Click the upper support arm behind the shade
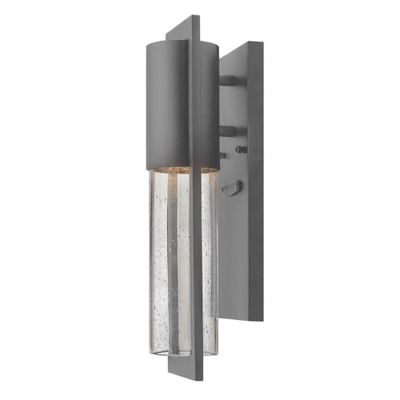point(229,81)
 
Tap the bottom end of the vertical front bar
point(189,374)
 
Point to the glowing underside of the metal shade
point(172,167)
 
